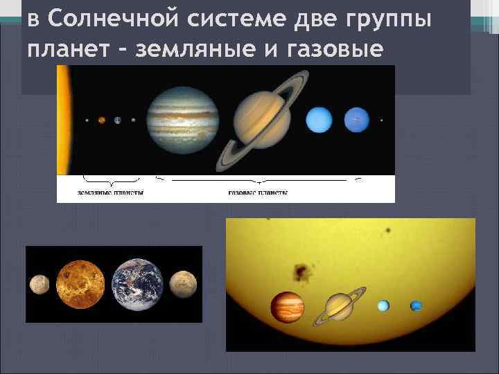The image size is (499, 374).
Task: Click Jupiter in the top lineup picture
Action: (x=182, y=118)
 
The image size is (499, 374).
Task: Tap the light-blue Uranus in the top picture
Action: (x=319, y=120)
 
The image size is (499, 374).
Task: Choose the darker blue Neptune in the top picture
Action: (x=356, y=120)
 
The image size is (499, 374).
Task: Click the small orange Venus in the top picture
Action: (x=102, y=120)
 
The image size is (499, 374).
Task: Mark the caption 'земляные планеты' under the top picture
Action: (x=110, y=193)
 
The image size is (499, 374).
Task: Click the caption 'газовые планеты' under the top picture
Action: (x=257, y=193)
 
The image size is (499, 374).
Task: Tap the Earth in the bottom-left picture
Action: (x=138, y=284)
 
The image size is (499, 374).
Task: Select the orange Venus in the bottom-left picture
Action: (x=80, y=284)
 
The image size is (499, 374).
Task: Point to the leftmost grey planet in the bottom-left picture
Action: (x=40, y=283)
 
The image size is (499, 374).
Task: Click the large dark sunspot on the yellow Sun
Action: (x=301, y=270)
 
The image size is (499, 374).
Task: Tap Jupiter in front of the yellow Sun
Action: (x=287, y=307)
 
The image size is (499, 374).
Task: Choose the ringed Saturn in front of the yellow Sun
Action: (x=339, y=306)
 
